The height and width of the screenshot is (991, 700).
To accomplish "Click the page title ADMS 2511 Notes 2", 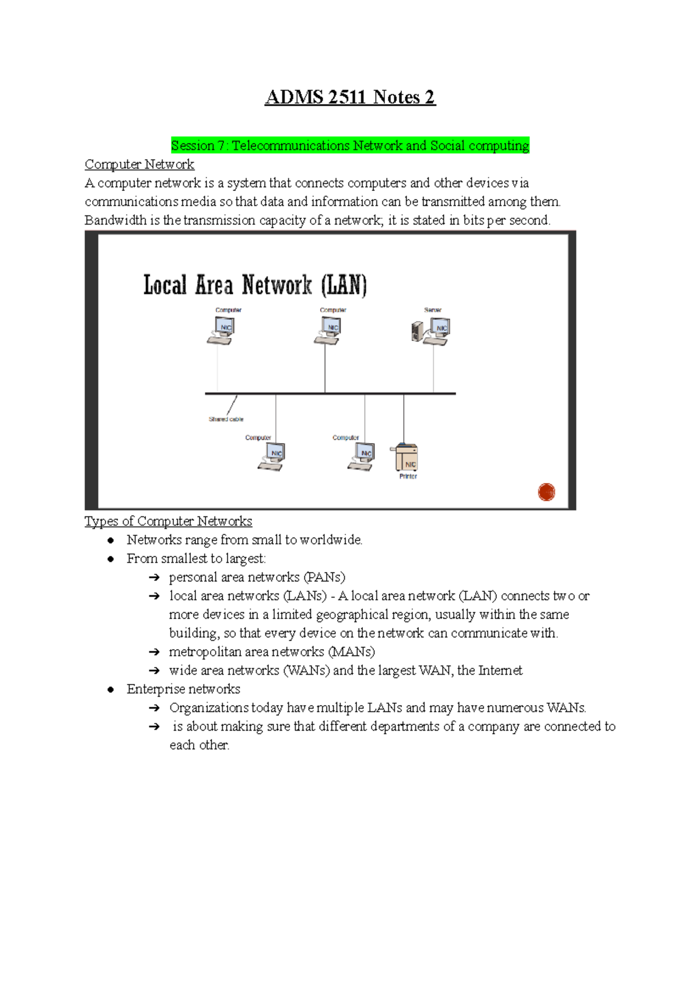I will (x=350, y=97).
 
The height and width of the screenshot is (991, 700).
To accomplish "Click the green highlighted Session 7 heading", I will (x=350, y=145).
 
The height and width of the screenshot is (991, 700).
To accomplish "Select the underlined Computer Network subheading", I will (x=139, y=165).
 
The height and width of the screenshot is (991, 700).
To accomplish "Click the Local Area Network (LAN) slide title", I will (x=255, y=285).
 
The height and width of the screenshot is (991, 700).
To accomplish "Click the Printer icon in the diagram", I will (x=406, y=458).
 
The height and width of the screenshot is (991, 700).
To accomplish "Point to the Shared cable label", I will (x=226, y=419).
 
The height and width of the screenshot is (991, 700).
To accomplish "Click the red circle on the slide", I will (x=547, y=492).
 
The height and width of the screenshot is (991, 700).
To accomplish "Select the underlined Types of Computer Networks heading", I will (x=168, y=521).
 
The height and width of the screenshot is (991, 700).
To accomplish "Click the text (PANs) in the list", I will (x=324, y=577).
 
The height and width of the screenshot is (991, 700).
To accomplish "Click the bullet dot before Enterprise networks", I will (x=111, y=690).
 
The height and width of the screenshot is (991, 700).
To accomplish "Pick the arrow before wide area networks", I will (x=154, y=671).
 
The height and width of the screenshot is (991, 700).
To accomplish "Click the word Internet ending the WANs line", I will (x=500, y=671).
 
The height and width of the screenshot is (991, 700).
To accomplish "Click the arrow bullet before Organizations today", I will (x=154, y=709).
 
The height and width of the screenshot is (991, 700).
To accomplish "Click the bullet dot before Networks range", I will (x=111, y=540).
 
